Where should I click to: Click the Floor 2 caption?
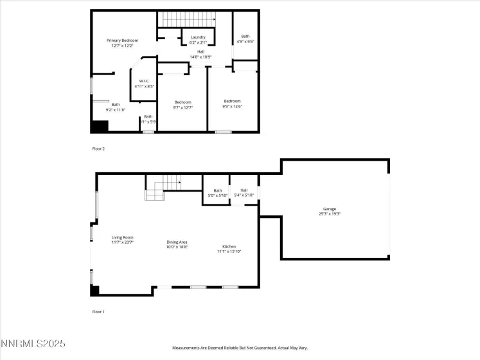tap(98, 148)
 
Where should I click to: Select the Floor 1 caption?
tap(98, 312)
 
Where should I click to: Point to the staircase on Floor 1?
tap(163, 187)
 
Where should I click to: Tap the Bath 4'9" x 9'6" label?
tap(245, 39)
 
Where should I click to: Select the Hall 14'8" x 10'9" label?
tap(200, 54)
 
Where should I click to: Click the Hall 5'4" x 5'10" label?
tap(244, 193)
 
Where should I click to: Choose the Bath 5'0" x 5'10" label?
tap(218, 193)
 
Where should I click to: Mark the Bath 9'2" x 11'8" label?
tap(116, 107)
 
